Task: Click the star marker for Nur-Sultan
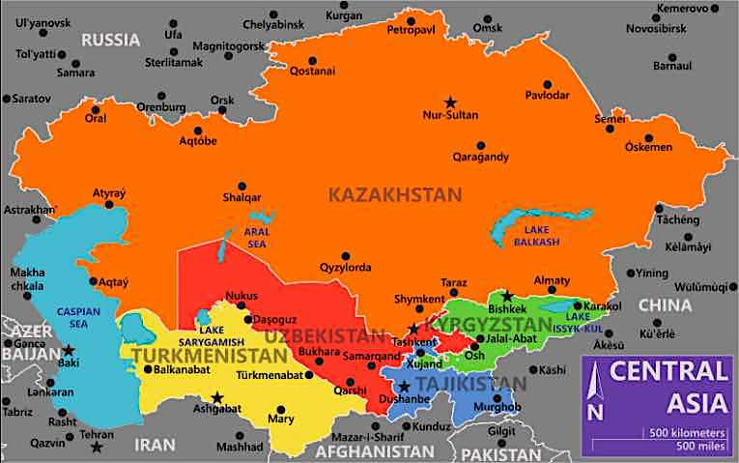(449, 101)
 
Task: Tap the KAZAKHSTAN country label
(395, 194)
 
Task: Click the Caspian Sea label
(72, 319)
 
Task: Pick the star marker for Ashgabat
(217, 396)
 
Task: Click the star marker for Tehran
(96, 446)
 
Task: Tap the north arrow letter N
(597, 412)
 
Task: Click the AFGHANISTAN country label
(377, 451)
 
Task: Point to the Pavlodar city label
(548, 95)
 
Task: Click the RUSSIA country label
(111, 40)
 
